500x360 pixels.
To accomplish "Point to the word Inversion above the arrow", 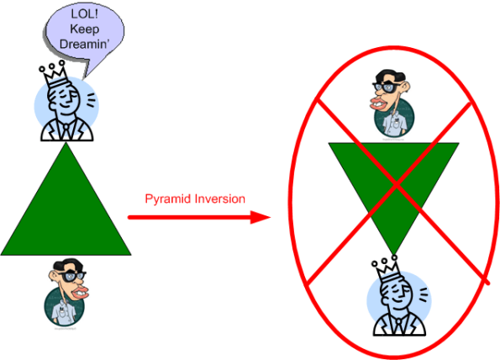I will point(218,199).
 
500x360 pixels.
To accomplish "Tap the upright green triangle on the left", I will point(66,210).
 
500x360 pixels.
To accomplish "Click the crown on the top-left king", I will point(56,68).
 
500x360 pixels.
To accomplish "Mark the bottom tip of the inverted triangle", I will point(392,252).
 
